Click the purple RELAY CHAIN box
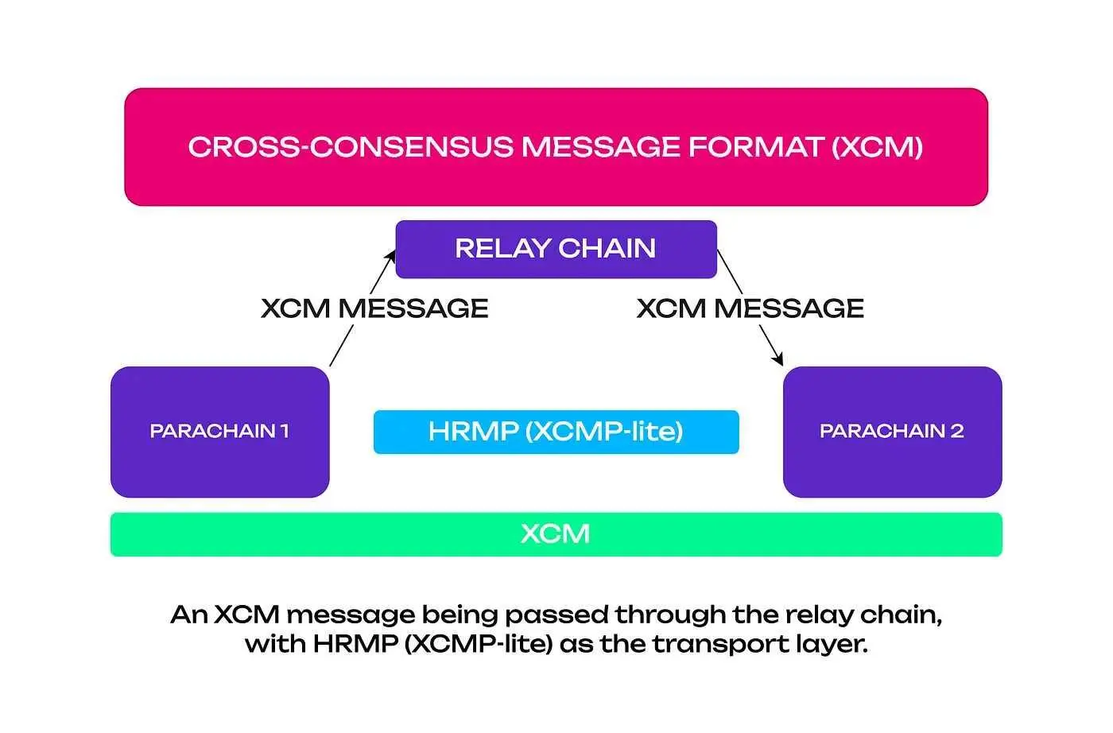click(556, 249)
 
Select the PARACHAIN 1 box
click(219, 432)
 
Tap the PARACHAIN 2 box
click(892, 432)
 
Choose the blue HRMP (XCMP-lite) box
click(556, 432)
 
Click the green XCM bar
click(556, 533)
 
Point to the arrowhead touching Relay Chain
click(390, 255)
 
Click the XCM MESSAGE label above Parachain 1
click(374, 308)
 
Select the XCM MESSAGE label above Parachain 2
click(750, 308)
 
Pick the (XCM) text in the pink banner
click(877, 147)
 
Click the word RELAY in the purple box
click(502, 249)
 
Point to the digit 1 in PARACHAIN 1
click(284, 432)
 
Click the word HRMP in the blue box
click(473, 432)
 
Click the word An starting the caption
click(189, 615)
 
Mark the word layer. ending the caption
click(831, 644)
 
